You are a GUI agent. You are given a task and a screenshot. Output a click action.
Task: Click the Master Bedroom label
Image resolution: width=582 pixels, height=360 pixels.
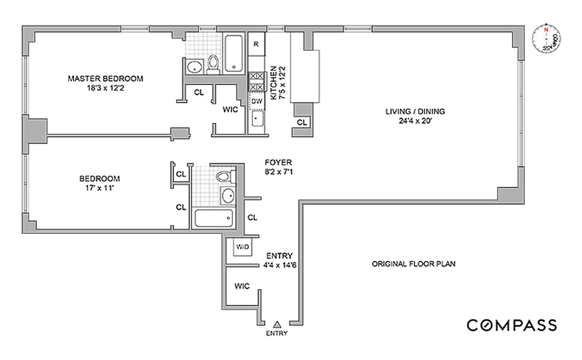pos(105,79)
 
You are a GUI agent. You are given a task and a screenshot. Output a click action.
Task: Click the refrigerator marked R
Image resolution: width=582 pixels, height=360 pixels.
pos(256,44)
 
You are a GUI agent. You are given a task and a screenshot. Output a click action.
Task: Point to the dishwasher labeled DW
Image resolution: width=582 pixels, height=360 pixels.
pos(256,101)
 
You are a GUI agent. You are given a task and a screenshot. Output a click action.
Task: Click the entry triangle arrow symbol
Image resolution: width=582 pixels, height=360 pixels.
pos(277,324)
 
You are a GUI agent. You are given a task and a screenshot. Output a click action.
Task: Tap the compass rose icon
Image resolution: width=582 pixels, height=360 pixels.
pos(546,39)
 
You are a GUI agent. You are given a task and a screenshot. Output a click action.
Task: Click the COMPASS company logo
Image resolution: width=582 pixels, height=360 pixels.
pos(511,325)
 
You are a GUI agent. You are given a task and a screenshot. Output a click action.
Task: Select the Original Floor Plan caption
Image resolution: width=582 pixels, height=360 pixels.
pos(413,264)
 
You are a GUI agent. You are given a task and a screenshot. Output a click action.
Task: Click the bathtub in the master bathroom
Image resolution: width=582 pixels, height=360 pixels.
pos(234,53)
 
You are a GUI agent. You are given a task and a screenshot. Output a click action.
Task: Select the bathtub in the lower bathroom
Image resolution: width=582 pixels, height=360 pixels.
pos(214,219)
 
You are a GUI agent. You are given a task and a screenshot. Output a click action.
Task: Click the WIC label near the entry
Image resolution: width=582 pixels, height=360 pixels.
pos(242,286)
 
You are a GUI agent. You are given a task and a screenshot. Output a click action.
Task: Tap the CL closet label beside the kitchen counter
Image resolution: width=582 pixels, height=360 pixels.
pos(302,122)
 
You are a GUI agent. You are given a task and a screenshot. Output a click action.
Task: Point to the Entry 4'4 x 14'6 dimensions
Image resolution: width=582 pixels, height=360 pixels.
pos(280,265)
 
